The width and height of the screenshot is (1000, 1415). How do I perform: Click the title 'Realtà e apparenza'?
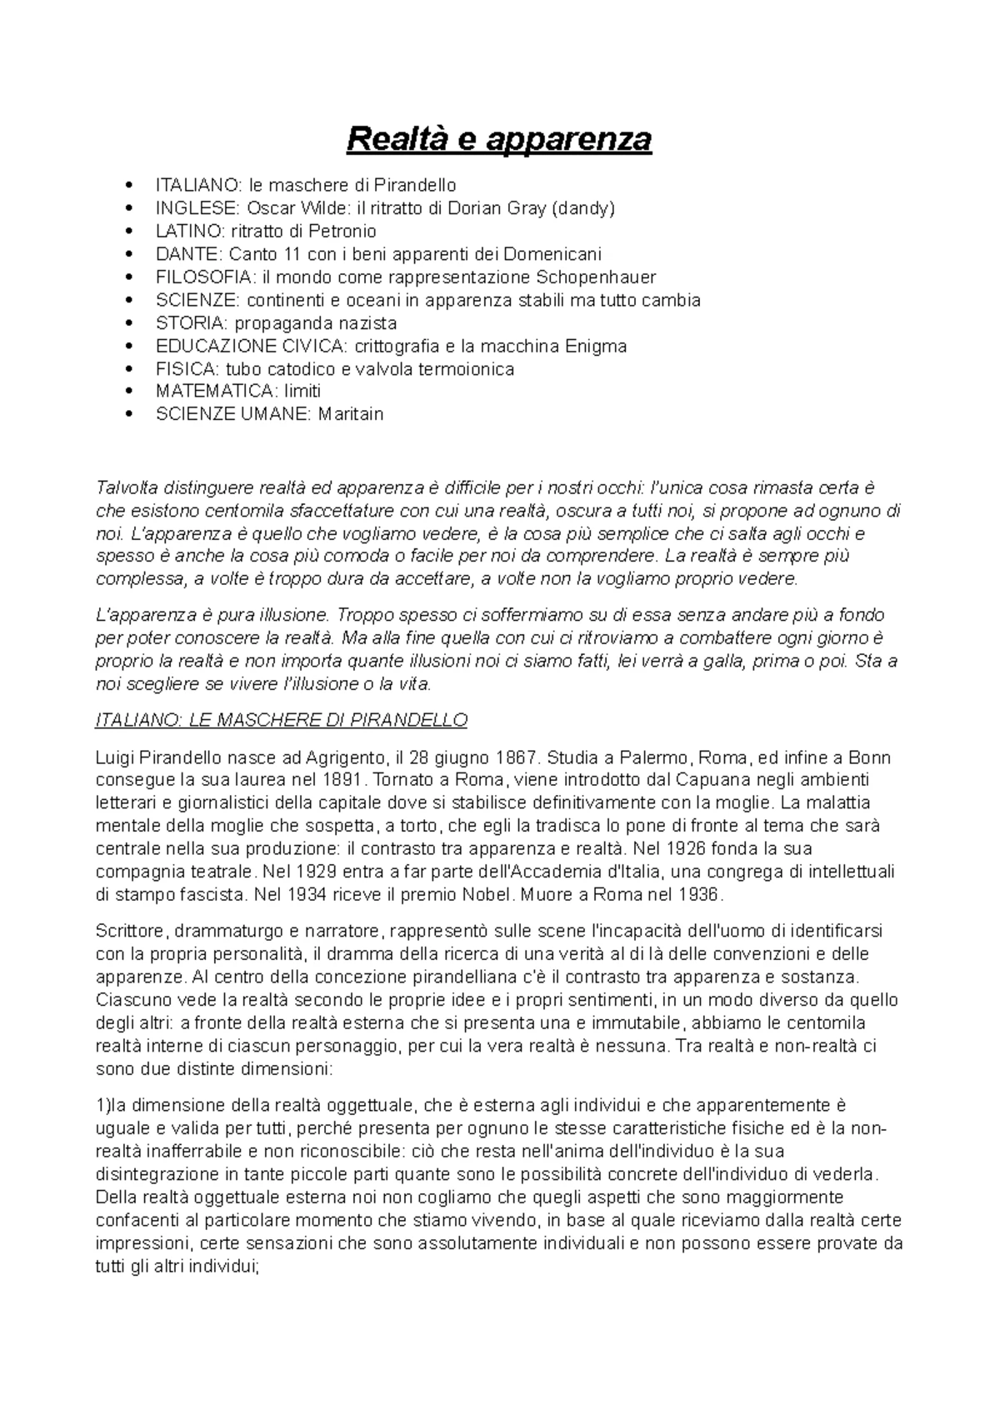(499, 138)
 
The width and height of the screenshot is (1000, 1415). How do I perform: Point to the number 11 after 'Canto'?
(282, 253)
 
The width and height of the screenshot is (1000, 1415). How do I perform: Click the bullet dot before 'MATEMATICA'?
(127, 391)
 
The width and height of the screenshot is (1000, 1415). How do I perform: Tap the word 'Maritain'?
(350, 414)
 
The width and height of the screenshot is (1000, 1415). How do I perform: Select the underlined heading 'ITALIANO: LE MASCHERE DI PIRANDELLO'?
(282, 720)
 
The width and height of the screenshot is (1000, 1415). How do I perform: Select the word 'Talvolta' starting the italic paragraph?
(127, 487)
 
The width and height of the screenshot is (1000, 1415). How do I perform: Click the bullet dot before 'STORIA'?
(127, 322)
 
